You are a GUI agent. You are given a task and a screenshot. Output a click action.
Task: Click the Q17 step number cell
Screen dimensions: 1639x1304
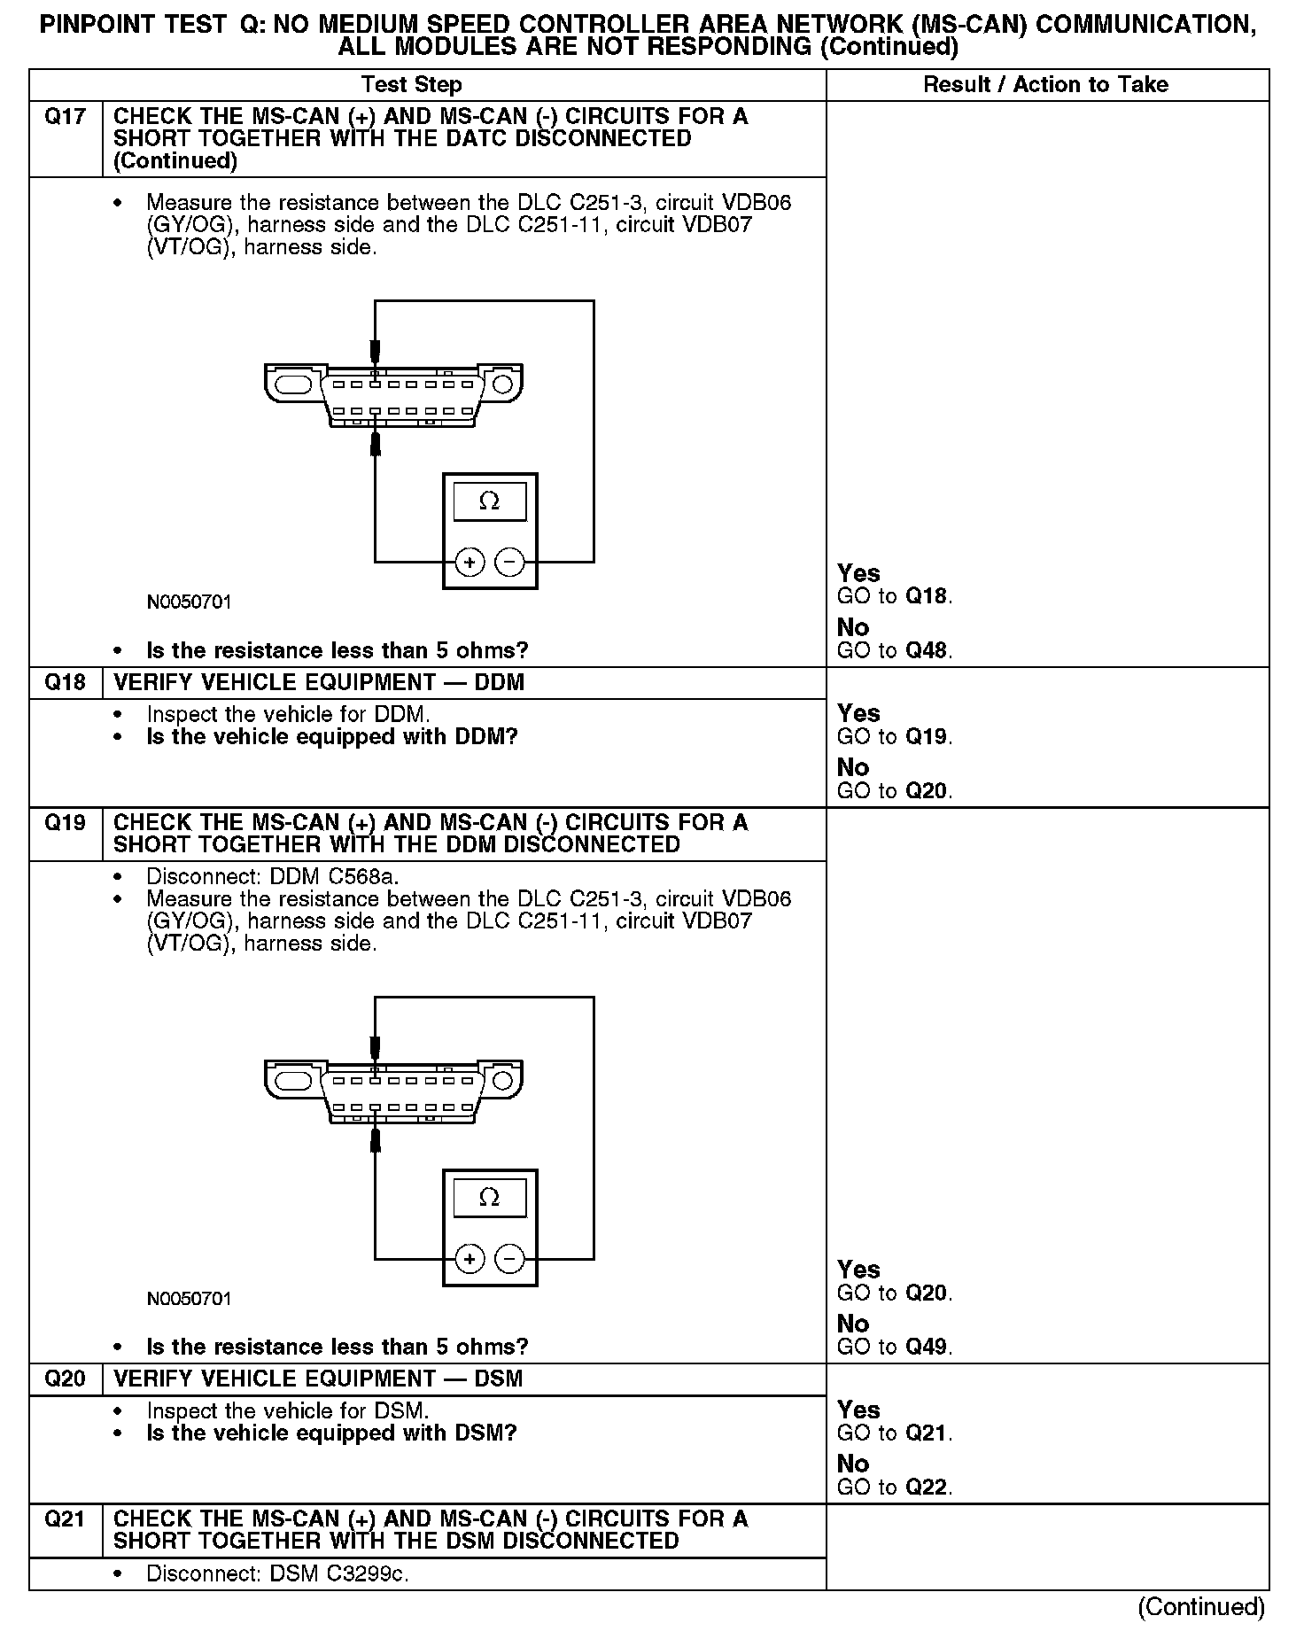(x=65, y=117)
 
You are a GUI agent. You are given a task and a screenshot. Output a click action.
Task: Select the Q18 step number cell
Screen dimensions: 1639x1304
(x=65, y=682)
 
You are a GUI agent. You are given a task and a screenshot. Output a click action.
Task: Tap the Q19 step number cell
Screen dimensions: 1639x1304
(x=65, y=823)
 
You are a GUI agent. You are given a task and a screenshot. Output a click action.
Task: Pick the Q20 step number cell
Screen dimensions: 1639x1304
(x=65, y=1379)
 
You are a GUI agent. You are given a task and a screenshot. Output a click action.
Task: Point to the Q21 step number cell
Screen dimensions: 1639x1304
(x=65, y=1519)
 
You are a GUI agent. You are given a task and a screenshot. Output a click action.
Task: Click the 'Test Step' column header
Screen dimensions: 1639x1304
(x=411, y=85)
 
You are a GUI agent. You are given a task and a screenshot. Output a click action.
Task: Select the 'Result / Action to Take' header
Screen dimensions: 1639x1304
(x=1045, y=85)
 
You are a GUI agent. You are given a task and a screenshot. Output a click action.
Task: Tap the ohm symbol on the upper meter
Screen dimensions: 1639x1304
(x=489, y=501)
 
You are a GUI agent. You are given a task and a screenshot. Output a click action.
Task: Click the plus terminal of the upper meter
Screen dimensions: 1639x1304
(x=470, y=562)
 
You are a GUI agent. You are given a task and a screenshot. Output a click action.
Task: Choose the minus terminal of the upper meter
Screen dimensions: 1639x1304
(x=508, y=562)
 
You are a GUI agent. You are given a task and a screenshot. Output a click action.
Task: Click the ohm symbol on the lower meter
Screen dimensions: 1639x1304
(x=489, y=1198)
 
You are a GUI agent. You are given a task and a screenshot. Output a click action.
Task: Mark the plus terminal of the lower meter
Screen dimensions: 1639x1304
(x=470, y=1258)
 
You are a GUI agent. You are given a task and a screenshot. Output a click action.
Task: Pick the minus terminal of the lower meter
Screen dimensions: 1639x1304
(x=508, y=1258)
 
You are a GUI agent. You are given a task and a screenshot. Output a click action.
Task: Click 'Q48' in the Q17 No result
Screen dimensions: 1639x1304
(x=927, y=650)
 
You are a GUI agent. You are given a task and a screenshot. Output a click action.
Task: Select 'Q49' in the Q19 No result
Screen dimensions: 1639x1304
(x=927, y=1347)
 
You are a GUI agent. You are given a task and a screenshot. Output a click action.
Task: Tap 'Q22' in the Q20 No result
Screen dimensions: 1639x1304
(x=927, y=1488)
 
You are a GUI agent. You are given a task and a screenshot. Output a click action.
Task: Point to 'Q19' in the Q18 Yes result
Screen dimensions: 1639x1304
(x=927, y=737)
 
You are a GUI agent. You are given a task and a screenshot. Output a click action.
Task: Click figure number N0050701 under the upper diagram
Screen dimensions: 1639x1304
(x=189, y=602)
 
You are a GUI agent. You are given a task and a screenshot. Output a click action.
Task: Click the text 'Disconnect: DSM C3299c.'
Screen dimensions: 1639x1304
(x=277, y=1574)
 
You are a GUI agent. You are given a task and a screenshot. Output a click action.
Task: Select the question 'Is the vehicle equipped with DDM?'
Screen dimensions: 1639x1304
(x=331, y=737)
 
